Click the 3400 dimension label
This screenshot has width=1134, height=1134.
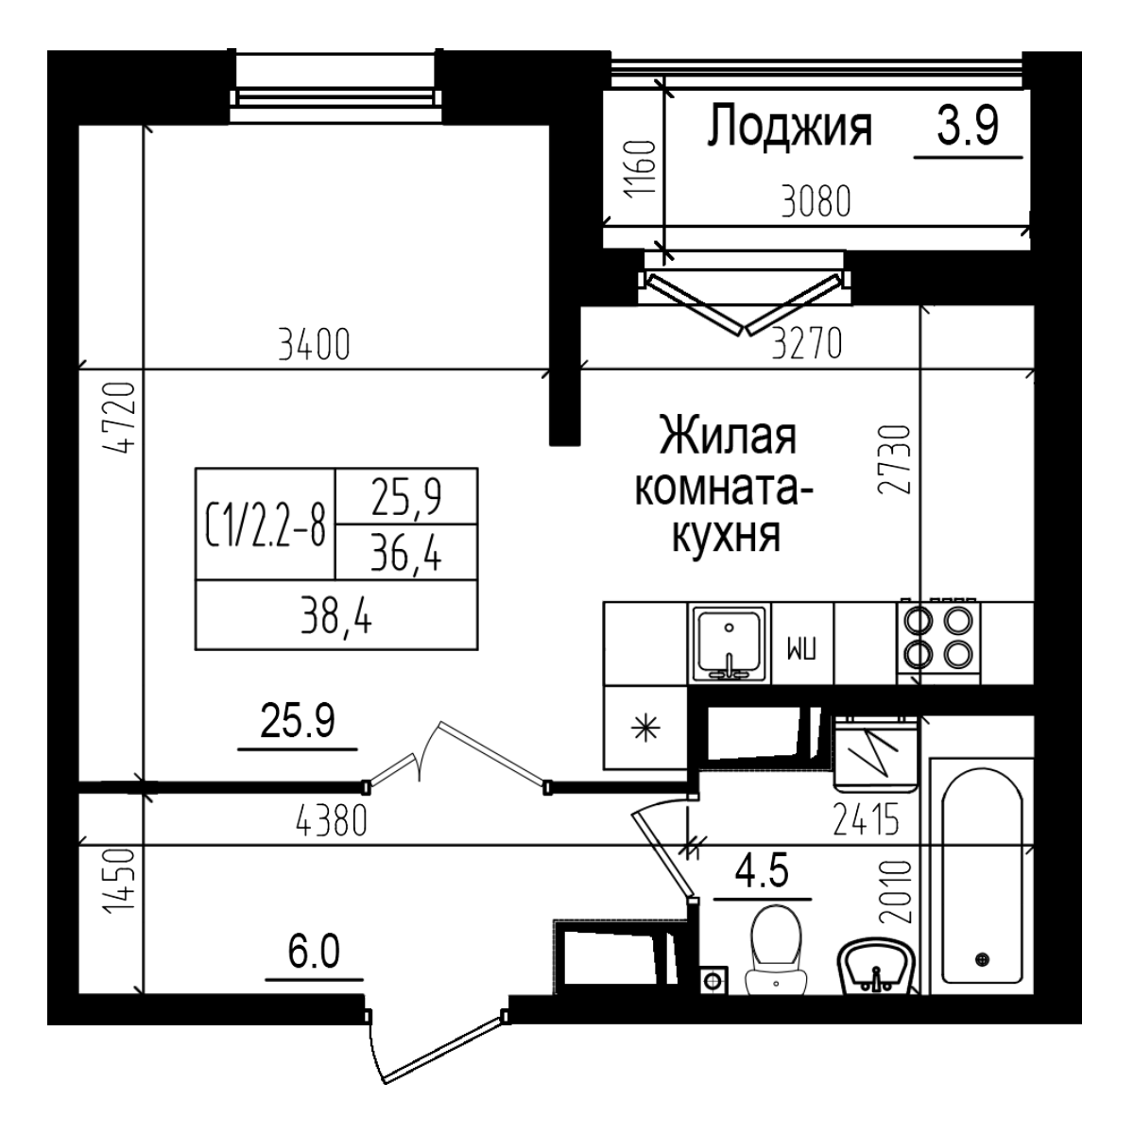coord(315,345)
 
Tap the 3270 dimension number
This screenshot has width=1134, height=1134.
coord(806,345)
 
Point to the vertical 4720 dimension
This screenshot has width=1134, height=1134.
coord(123,417)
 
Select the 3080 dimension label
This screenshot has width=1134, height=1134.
coord(816,202)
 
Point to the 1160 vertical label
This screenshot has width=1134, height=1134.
coord(639,170)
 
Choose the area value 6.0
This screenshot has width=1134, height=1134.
coord(314,953)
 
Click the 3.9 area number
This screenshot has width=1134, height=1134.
coord(968,126)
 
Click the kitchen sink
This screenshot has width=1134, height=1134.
coord(730,644)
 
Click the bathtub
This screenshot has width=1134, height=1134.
coord(982,874)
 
